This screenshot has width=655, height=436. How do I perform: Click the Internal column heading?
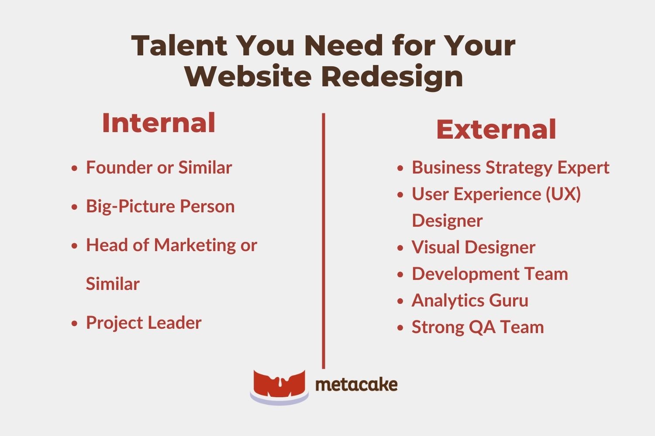[x=159, y=123]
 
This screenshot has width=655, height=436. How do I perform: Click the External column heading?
[x=496, y=129]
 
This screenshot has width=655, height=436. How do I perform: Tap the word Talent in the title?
[x=179, y=45]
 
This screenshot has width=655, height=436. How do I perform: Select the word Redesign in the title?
[x=392, y=76]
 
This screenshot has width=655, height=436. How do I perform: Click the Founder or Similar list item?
[x=159, y=167]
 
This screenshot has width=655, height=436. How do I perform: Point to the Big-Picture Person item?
[x=160, y=206]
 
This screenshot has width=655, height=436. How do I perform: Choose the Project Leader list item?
[x=143, y=323]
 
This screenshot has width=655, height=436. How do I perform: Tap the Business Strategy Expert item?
[x=510, y=167]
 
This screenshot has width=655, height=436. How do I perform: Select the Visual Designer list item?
[x=473, y=247]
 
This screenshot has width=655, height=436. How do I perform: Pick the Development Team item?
[x=490, y=274]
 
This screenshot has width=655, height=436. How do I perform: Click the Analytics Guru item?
[x=470, y=300]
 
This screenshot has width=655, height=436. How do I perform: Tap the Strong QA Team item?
[x=478, y=327]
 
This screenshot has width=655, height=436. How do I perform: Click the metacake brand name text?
[x=356, y=385]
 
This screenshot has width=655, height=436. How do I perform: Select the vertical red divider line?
[x=324, y=240]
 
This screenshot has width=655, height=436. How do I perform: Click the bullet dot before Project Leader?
[x=75, y=324]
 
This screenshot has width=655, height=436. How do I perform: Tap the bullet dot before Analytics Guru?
[x=400, y=301]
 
